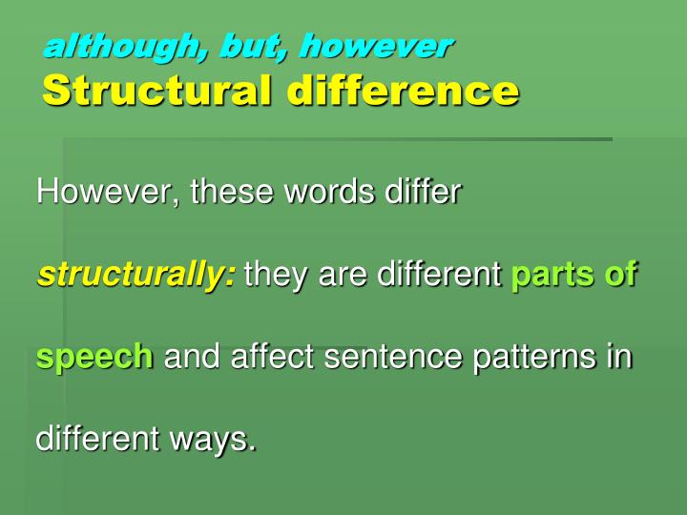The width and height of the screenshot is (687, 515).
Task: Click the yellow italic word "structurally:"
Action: click(136, 276)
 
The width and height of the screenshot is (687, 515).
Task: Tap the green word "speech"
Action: click(94, 359)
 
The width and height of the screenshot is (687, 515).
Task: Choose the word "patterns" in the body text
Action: click(514, 358)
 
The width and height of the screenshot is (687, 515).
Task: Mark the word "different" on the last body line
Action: click(99, 440)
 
